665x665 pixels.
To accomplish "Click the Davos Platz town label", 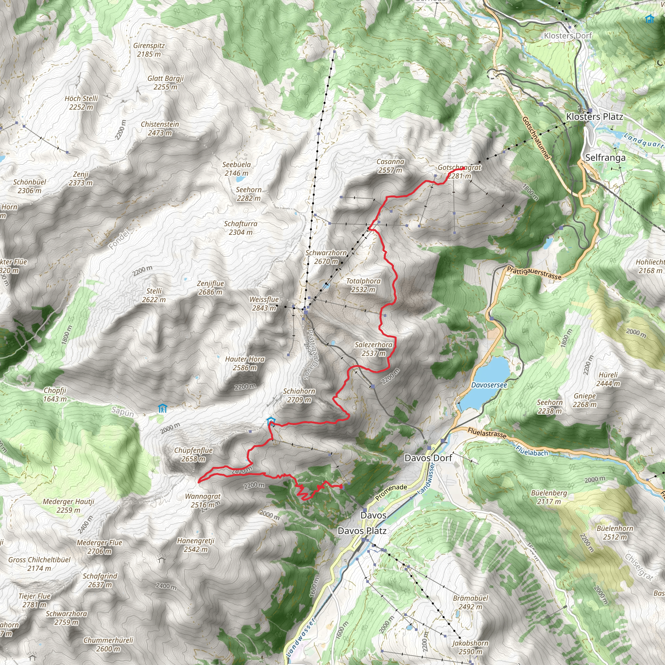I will (362, 531).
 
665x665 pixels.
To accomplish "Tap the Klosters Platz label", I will (595, 117).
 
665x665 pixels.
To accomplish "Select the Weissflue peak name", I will (264, 299).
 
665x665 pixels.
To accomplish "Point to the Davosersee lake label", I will (489, 385).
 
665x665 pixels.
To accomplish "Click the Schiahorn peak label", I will (299, 391).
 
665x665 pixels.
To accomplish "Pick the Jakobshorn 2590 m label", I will (470, 643).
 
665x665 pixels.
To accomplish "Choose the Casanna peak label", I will (390, 161).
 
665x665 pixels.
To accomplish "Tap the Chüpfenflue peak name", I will (193, 450).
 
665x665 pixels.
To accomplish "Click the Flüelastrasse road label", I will (487, 433).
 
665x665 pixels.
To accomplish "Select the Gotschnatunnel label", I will (537, 138).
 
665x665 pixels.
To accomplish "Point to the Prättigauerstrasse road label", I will (534, 273).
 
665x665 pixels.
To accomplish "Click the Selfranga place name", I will (606, 157).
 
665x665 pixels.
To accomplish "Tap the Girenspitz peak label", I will (149, 45).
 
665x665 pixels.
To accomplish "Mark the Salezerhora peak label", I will (373, 345).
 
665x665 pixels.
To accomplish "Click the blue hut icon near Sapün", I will (162, 408).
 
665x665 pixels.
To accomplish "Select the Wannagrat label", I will (203, 496).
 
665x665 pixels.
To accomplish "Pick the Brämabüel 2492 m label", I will (470, 598).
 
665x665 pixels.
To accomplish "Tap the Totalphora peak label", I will (363, 281).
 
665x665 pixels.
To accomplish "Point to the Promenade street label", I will (391, 492).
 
